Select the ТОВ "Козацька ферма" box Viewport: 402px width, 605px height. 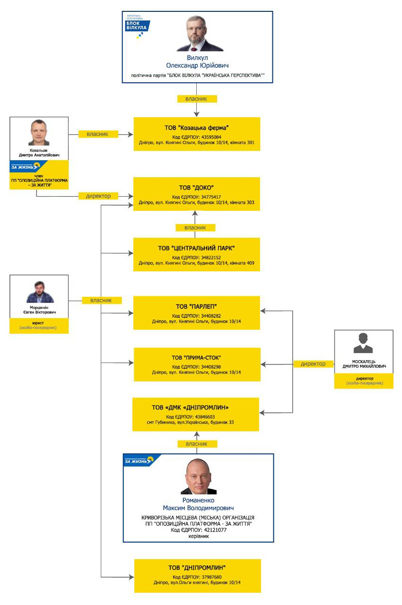pyautogui.click(x=197, y=134)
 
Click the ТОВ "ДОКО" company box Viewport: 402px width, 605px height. pyautogui.click(x=197, y=194)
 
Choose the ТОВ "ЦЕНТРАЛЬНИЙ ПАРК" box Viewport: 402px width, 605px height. pyautogui.click(x=197, y=255)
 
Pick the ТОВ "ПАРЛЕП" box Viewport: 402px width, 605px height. pyautogui.click(x=197, y=313)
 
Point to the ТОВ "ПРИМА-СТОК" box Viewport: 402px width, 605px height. pyautogui.click(x=197, y=364)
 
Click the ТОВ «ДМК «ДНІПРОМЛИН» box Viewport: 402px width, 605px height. pyautogui.click(x=196, y=415)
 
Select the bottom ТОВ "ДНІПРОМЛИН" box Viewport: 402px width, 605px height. pyautogui.click(x=197, y=576)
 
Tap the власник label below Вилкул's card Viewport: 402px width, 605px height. pyautogui.click(x=197, y=99)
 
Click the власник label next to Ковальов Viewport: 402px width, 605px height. pyautogui.click(x=98, y=134)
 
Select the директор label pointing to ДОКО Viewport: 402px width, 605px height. pyautogui.click(x=98, y=196)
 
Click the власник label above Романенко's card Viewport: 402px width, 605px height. pyautogui.click(x=197, y=444)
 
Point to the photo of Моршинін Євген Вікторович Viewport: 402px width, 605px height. pyautogui.click(x=40, y=292)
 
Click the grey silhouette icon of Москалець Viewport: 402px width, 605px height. pyautogui.click(x=363, y=343)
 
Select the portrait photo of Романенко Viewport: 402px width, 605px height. pyautogui.click(x=199, y=476)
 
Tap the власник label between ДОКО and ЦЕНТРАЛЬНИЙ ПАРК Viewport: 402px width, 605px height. pyautogui.click(x=195, y=228)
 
